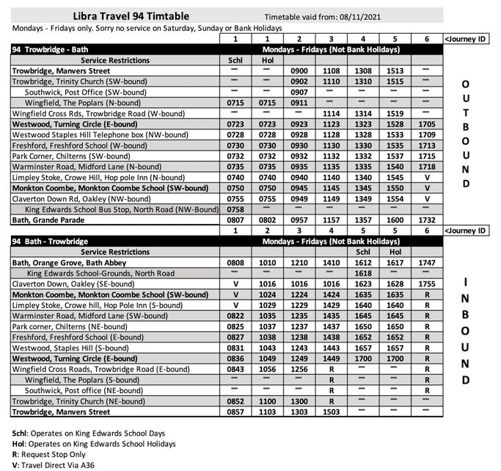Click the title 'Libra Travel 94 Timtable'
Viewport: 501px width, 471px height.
pyautogui.click(x=131, y=15)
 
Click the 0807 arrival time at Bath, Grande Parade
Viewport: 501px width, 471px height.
pyautogui.click(x=235, y=220)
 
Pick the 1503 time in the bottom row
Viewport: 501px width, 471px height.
pyautogui.click(x=332, y=412)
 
